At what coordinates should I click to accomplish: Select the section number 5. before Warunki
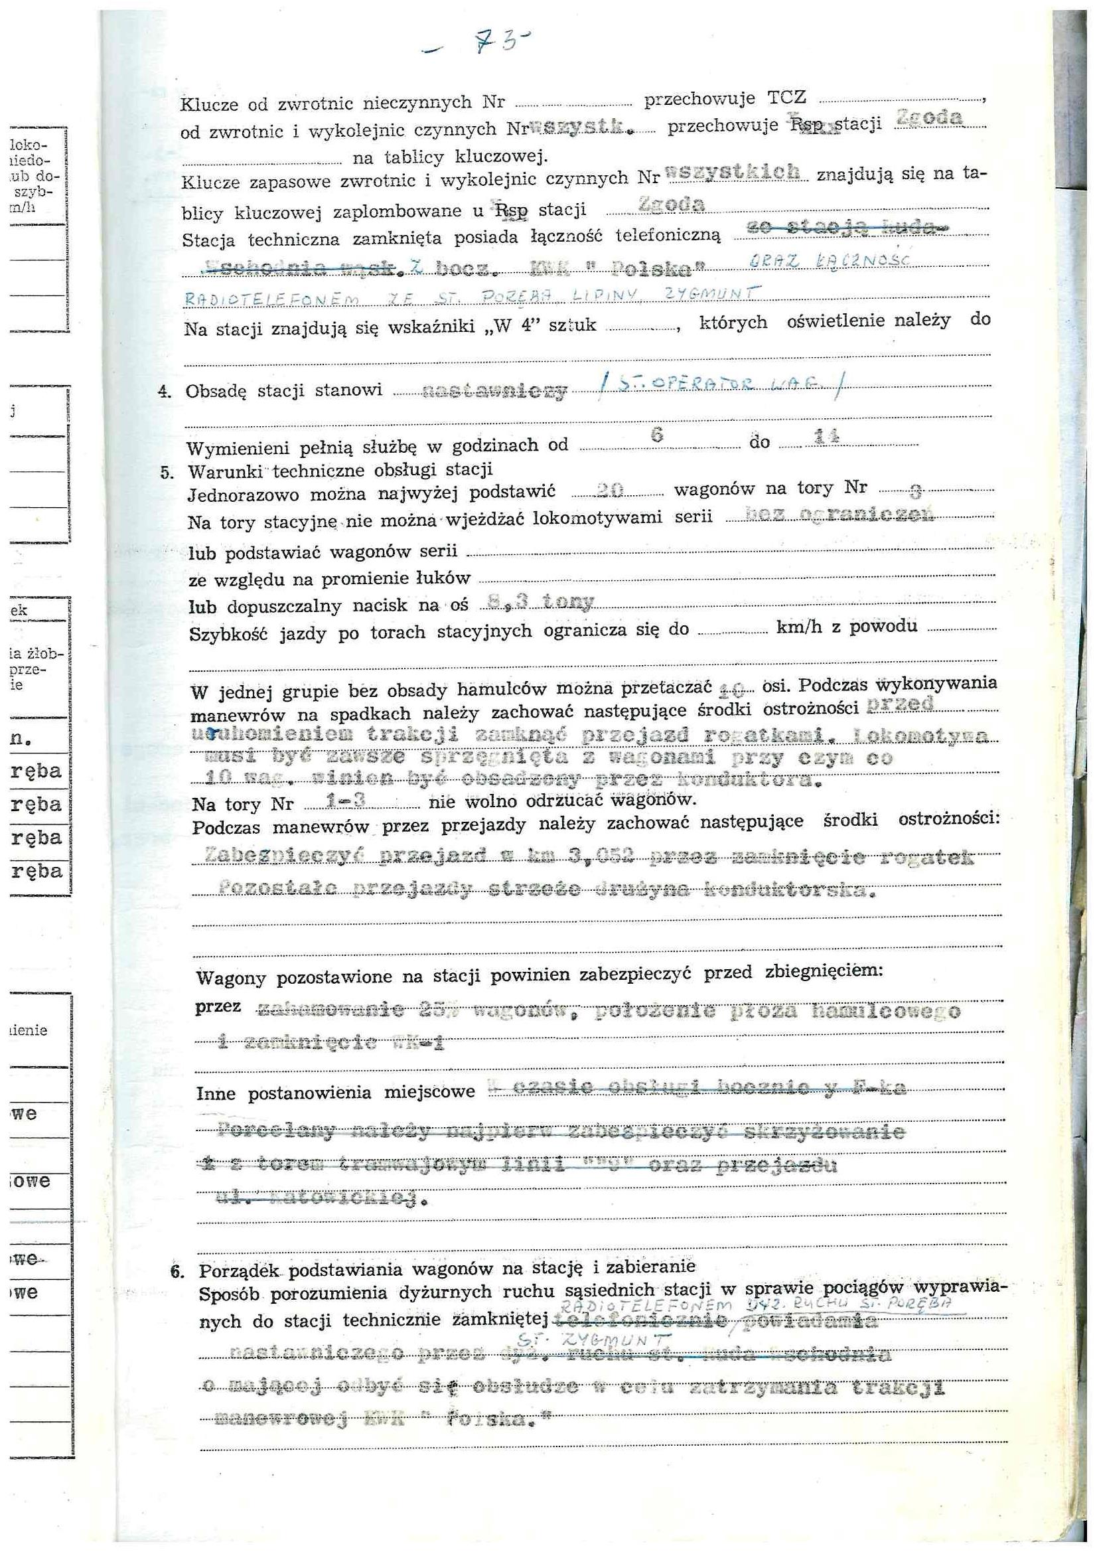click(x=167, y=472)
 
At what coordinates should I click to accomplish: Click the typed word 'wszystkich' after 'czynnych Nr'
click(x=733, y=173)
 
